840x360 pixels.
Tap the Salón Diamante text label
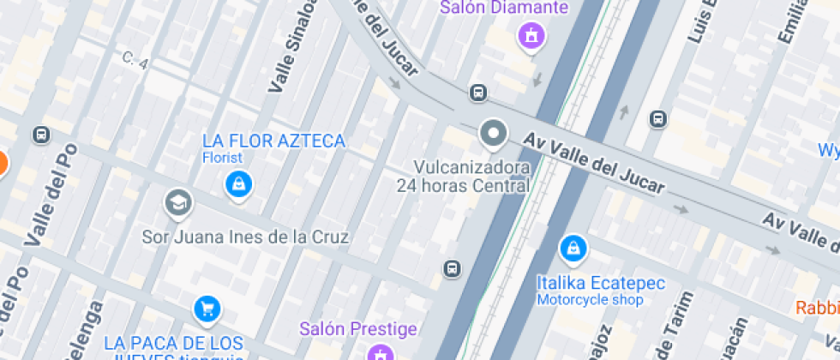504,8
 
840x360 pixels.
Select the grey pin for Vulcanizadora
493,134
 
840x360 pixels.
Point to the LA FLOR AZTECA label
273,141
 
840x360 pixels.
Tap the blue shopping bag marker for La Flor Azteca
238,183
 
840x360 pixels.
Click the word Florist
222,159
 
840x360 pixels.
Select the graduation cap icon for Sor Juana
177,203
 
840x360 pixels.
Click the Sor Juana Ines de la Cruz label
245,237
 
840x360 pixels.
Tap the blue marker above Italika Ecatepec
572,249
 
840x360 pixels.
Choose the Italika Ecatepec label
590,283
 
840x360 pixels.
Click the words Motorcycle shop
590,300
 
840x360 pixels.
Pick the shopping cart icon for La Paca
207,309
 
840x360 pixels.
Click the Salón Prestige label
358,328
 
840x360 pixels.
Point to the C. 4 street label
136,60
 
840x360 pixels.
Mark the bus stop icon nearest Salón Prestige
452,269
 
